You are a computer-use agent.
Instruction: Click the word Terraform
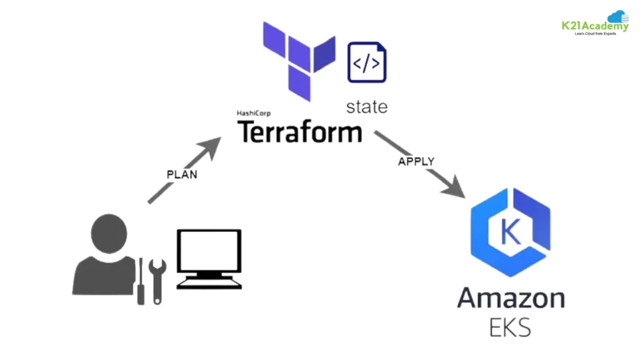(x=299, y=132)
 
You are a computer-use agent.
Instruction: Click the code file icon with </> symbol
(x=367, y=61)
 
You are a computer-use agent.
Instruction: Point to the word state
(x=367, y=106)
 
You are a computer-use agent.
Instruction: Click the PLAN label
(x=182, y=174)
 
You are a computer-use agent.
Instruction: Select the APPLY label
(x=416, y=161)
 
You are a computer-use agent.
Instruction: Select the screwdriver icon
(x=141, y=281)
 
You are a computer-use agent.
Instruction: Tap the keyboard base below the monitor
(x=209, y=283)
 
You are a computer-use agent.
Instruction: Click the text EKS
(x=511, y=327)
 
